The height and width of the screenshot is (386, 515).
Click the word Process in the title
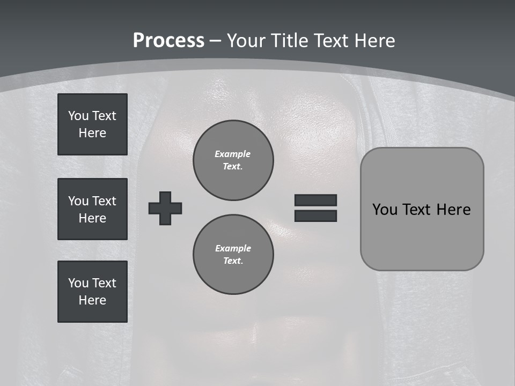[168, 41]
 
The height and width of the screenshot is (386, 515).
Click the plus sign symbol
[165, 208]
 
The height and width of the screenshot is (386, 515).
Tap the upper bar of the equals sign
[315, 200]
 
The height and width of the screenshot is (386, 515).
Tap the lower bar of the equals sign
[315, 216]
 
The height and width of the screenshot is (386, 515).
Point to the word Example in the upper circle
[233, 154]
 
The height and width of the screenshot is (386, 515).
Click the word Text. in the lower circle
[233, 261]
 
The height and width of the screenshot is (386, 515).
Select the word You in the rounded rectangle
[385, 210]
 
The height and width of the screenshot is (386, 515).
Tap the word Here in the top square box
[92, 133]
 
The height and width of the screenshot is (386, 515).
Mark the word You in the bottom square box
[78, 283]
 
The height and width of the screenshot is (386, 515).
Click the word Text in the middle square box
[104, 201]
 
